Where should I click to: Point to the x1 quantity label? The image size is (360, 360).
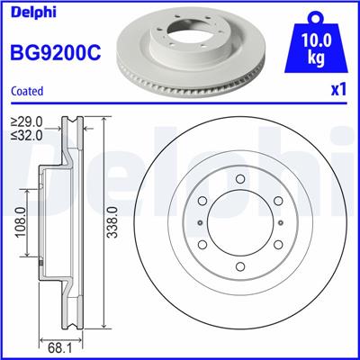pyautogui.click(x=338, y=91)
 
